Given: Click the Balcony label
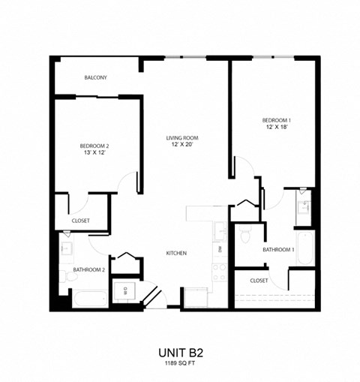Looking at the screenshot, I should (95, 77).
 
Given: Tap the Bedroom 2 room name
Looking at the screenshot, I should (95, 146).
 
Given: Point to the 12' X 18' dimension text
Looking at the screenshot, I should (275, 128).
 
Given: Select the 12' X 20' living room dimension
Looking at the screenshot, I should (182, 145).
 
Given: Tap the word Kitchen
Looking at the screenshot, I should (176, 253).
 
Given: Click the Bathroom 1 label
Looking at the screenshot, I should (277, 249).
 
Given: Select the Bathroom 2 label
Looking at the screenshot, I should (88, 269).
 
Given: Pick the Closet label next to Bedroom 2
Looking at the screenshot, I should (81, 221).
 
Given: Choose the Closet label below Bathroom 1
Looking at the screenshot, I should (259, 280).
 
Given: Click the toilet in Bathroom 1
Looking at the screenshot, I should (245, 236).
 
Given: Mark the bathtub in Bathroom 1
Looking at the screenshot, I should (304, 248).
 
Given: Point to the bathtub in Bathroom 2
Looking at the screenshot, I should (88, 299).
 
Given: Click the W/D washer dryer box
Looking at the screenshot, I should (125, 290).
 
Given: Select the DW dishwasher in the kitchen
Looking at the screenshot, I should (220, 248).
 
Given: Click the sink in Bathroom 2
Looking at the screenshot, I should (67, 246).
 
